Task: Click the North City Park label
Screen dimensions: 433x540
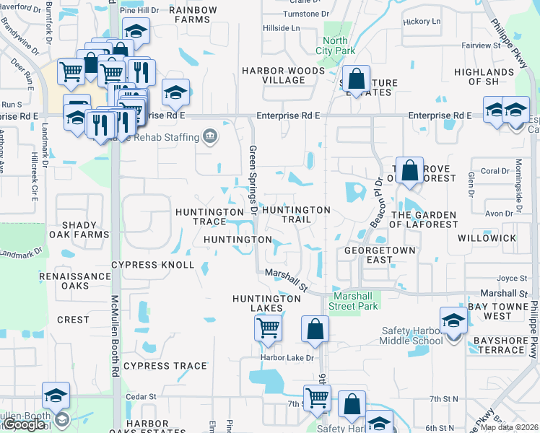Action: click(x=335, y=45)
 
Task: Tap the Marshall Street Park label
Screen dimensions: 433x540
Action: click(x=356, y=301)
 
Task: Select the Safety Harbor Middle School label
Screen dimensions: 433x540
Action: click(x=412, y=336)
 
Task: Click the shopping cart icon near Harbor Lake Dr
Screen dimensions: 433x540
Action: click(x=268, y=328)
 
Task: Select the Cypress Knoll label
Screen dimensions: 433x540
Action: click(x=153, y=265)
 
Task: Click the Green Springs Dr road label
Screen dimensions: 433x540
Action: click(x=253, y=180)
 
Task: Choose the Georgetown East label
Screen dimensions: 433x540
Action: click(x=358, y=254)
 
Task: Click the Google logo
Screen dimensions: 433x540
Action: click(x=24, y=424)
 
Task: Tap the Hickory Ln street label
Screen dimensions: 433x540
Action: click(x=422, y=22)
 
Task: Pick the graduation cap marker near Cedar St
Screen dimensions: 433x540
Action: click(x=56, y=394)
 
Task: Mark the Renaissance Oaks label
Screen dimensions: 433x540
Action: click(x=74, y=281)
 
